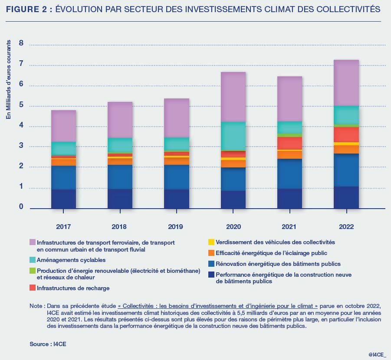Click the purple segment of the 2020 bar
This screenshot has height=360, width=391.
click(x=233, y=97)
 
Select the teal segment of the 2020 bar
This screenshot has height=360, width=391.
click(x=233, y=136)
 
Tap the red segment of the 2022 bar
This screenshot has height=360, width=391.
click(x=346, y=134)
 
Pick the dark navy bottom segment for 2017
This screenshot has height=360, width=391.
click(x=63, y=199)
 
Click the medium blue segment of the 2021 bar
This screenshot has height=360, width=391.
click(x=290, y=173)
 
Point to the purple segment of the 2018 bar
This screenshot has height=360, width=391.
click(x=120, y=120)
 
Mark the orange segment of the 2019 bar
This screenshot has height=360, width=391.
click(x=177, y=161)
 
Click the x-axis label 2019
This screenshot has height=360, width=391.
click(x=176, y=227)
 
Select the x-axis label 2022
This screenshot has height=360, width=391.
click(x=346, y=227)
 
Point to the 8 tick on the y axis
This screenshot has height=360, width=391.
click(x=21, y=43)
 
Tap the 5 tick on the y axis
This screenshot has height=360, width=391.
click(x=21, y=105)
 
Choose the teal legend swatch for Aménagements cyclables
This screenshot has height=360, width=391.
click(x=33, y=260)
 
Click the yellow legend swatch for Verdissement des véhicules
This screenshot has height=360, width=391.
click(x=211, y=242)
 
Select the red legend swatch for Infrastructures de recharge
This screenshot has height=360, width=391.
click(x=33, y=288)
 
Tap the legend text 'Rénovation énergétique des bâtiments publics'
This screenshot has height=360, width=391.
click(x=278, y=264)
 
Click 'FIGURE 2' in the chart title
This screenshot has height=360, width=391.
click(x=26, y=9)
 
